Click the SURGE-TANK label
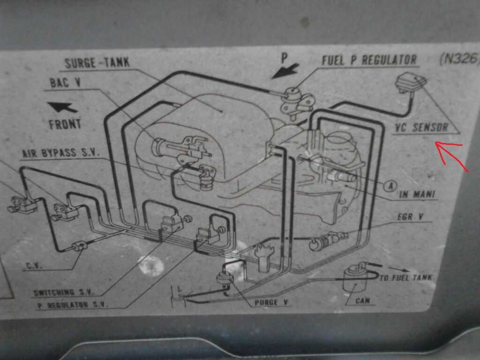pyautogui.click(x=97, y=63)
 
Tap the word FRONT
pyautogui.click(x=65, y=124)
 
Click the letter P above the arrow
pyautogui.click(x=284, y=58)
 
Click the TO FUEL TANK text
pyautogui.click(x=405, y=278)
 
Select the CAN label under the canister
pyautogui.click(x=362, y=301)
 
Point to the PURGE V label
pyautogui.click(x=271, y=302)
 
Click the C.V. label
pyautogui.click(x=33, y=266)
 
